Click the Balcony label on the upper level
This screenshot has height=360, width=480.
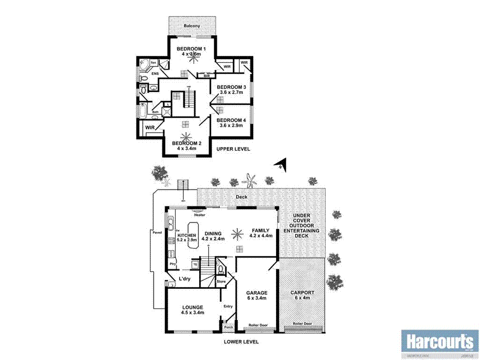tap(192, 26)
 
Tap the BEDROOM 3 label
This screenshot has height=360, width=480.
tap(231, 87)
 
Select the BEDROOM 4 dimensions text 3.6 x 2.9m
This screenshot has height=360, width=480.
tap(232, 126)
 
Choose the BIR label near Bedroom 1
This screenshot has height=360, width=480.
tap(206, 75)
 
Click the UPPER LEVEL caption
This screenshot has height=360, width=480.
tap(233, 149)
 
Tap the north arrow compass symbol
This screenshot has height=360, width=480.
tap(280, 165)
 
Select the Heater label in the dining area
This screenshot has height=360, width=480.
tap(200, 215)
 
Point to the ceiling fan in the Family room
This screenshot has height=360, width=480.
tap(239, 232)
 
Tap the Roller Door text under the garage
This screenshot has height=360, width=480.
tap(258, 325)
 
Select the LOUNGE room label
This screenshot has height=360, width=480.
tap(193, 307)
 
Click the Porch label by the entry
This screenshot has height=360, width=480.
tap(229, 327)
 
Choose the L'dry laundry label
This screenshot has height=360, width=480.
tap(184, 278)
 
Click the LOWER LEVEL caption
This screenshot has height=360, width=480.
tap(241, 342)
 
